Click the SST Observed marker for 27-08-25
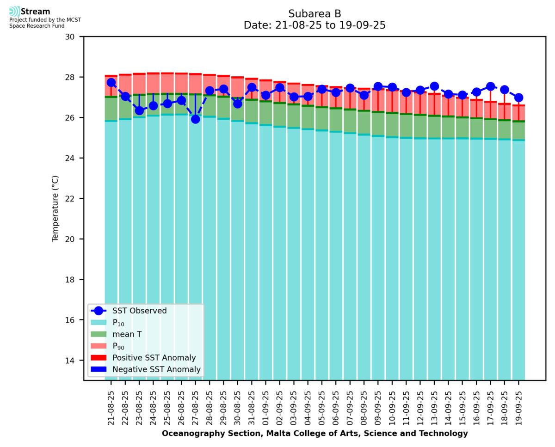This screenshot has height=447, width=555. tap(195, 119)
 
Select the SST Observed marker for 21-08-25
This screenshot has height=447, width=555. tap(111, 82)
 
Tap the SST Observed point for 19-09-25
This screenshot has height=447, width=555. tap(518, 98)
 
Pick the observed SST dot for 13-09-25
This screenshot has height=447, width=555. tap(434, 86)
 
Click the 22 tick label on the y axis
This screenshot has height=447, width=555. tap(73, 199)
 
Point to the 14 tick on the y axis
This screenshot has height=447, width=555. tap(73, 361)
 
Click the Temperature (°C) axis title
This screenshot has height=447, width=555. tap(55, 208)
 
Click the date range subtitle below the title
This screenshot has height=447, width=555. tap(314, 25)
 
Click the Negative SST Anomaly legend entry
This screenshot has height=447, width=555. tap(156, 369)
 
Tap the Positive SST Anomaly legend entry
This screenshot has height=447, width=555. tap(154, 358)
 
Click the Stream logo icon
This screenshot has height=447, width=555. tap(14, 12)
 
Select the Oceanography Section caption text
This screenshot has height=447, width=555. tap(314, 434)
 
